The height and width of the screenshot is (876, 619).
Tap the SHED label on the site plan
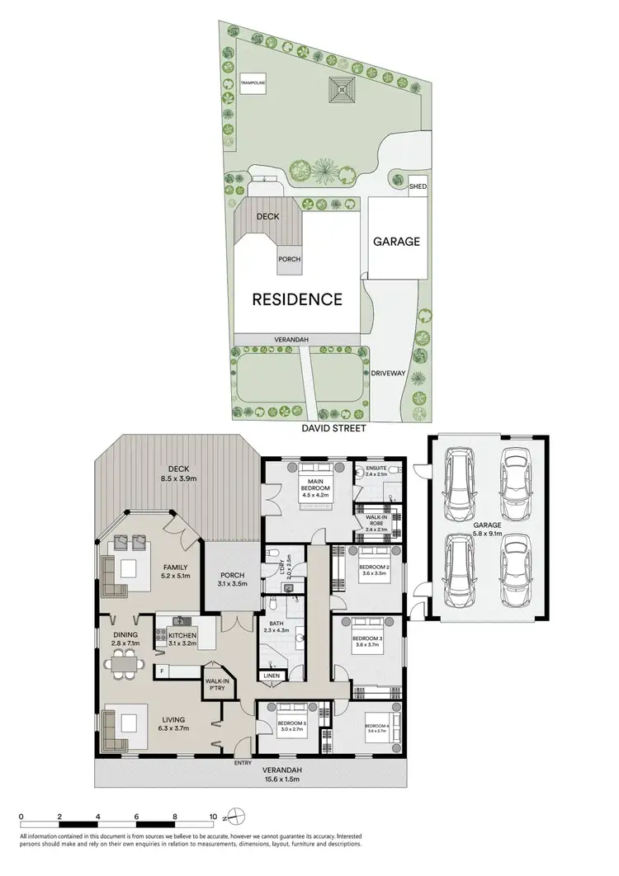(418, 187)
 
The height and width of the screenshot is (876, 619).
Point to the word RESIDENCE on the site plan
(297, 299)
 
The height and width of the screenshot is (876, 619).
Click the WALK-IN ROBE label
(376, 521)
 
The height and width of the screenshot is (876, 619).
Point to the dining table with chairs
(126, 661)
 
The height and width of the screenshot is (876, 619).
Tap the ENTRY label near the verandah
(243, 763)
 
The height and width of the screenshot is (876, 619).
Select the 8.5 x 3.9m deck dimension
(177, 477)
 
